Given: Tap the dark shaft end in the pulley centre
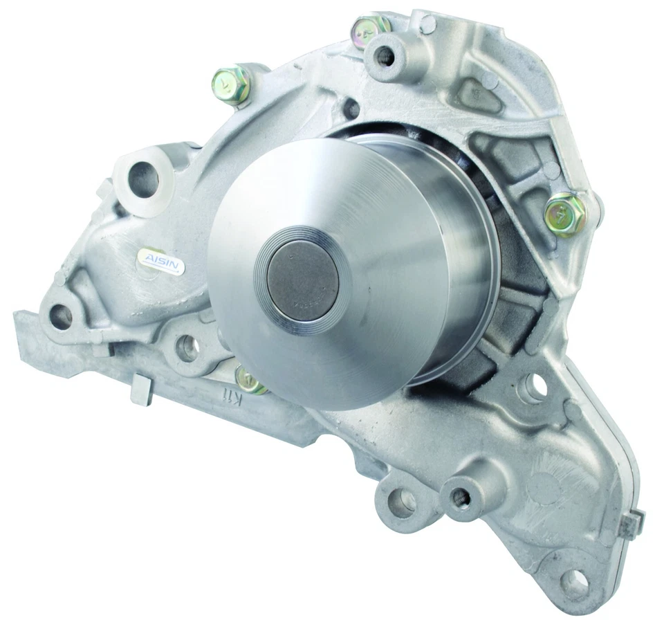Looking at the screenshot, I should [x=303, y=282].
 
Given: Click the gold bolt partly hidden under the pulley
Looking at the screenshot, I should [x=250, y=380].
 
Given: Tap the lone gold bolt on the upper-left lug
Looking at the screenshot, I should [x=232, y=83].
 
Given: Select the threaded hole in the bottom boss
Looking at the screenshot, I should [x=460, y=497].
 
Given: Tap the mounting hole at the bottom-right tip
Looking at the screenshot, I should [x=573, y=584].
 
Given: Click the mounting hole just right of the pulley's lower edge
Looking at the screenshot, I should [x=535, y=388].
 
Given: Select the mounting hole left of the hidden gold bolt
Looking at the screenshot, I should [x=187, y=348].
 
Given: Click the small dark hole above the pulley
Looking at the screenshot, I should [x=351, y=109].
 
